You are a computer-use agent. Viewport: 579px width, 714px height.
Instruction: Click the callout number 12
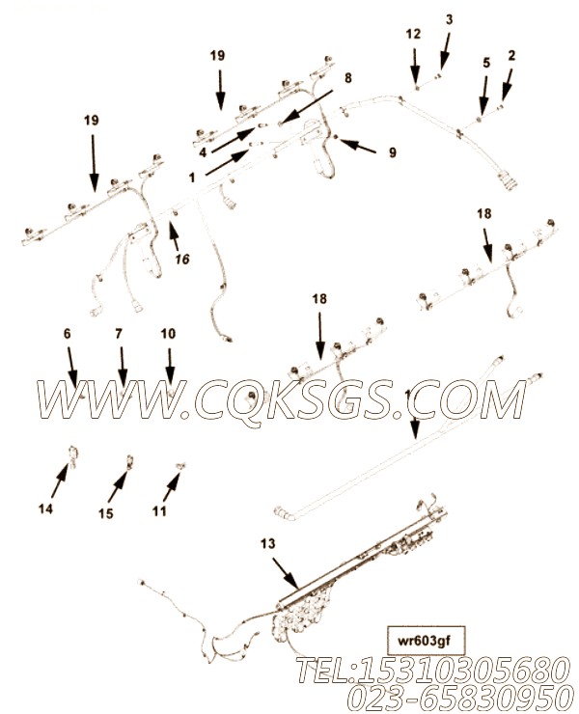click(413, 34)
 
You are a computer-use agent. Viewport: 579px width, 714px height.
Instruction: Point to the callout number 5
click(485, 63)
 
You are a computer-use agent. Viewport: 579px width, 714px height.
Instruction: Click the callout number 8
click(347, 76)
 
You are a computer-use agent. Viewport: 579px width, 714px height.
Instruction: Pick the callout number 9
click(392, 151)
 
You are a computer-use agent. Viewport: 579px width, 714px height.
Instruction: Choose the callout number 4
click(203, 151)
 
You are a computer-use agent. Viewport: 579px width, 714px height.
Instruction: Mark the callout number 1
click(192, 178)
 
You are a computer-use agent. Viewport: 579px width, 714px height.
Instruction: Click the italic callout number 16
click(181, 259)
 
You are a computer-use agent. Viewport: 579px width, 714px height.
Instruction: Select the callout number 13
click(267, 545)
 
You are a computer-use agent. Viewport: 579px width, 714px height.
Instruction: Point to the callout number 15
click(106, 513)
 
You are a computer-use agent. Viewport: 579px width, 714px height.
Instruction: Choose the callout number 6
click(68, 334)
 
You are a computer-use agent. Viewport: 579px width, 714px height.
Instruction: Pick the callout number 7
click(120, 334)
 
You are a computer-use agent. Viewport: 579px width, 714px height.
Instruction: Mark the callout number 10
click(168, 334)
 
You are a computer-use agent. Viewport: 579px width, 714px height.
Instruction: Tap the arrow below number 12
click(414, 67)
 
